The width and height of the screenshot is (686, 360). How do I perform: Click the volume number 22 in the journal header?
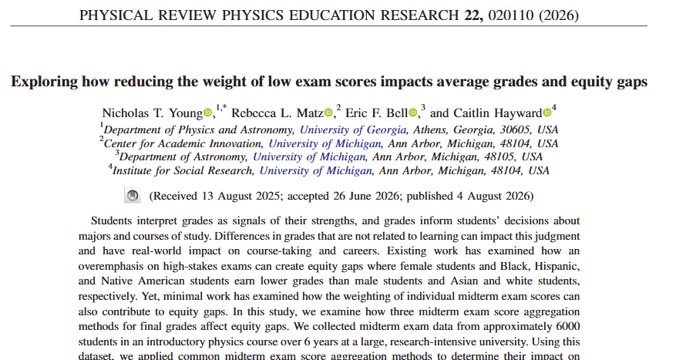pos(473,15)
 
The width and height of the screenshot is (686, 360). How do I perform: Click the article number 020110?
pos(511,15)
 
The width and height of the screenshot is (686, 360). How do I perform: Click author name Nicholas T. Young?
pos(153,113)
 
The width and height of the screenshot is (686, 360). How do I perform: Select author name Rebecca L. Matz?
pos(277,113)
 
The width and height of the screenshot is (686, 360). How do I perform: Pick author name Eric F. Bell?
pos(377,113)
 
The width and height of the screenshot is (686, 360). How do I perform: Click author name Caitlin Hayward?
pos(498,113)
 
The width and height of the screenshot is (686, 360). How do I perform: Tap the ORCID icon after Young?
pos(208,113)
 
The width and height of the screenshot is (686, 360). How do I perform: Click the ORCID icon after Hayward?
pos(547,113)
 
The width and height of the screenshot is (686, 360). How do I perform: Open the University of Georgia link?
pos(353,130)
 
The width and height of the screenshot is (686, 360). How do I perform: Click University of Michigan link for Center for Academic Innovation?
pos(325,143)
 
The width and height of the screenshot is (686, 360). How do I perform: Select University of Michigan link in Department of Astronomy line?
pos(309,156)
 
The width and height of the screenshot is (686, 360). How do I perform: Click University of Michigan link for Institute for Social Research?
pos(315,170)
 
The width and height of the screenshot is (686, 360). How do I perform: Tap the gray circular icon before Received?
pos(133,196)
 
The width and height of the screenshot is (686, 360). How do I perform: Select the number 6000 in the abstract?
pos(567,326)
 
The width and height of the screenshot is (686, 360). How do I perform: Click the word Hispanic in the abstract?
pos(557,267)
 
